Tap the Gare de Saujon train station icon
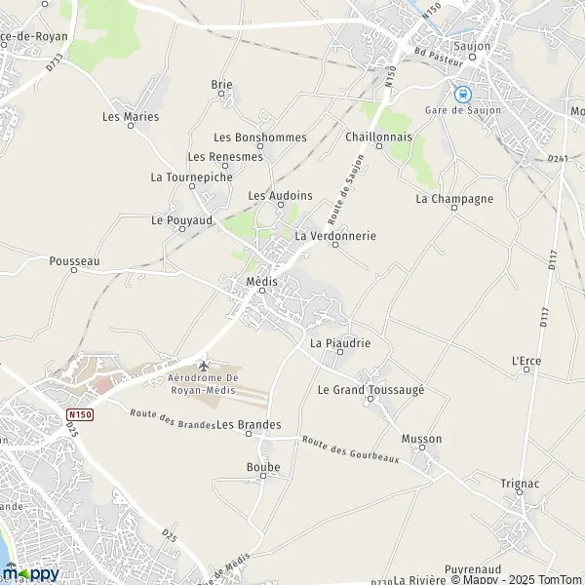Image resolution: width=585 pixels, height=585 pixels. pyautogui.click(x=463, y=95)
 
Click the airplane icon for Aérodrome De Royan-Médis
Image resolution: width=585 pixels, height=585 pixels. pyautogui.click(x=203, y=365)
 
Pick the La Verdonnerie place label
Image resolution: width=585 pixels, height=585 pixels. pyautogui.click(x=334, y=236)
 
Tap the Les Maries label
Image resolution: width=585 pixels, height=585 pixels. pyautogui.click(x=130, y=116)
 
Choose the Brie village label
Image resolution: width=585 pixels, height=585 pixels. pyautogui.click(x=222, y=85)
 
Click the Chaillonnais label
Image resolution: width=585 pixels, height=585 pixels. pyautogui.click(x=378, y=137)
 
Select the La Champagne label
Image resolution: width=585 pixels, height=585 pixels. pyautogui.click(x=454, y=199)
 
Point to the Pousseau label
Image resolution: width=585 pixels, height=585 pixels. pyautogui.click(x=75, y=261)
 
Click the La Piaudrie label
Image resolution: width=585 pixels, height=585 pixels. pyautogui.click(x=339, y=343)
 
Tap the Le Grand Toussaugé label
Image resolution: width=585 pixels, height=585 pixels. pyautogui.click(x=370, y=389)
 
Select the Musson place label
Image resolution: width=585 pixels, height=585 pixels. pyautogui.click(x=421, y=439)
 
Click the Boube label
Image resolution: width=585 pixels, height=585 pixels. pyautogui.click(x=263, y=467)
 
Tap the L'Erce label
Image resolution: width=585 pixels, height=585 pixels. pyautogui.click(x=526, y=361)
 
